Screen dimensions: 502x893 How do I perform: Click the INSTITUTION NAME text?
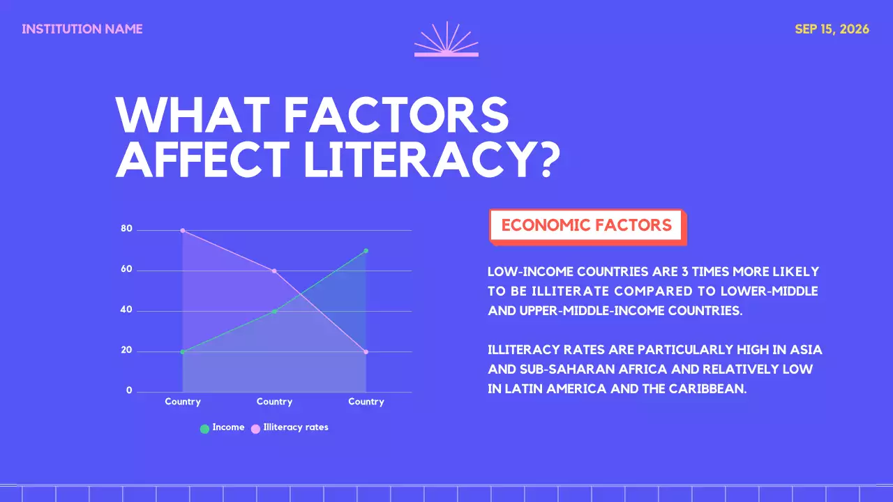click(82, 29)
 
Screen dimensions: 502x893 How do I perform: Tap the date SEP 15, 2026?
click(832, 29)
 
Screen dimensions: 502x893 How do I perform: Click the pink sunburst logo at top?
click(446, 40)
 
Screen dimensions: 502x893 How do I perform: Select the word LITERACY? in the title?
click(432, 160)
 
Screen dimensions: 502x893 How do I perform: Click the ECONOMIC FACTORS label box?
click(587, 225)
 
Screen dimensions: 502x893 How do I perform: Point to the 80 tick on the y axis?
click(126, 229)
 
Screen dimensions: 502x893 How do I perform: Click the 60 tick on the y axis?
click(126, 269)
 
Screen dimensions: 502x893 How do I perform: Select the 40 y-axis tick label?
click(126, 310)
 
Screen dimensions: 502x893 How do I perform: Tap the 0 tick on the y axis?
click(129, 390)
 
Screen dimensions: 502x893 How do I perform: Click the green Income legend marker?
click(204, 429)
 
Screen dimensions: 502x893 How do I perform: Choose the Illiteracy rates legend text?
click(295, 427)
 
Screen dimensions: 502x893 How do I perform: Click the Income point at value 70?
click(366, 251)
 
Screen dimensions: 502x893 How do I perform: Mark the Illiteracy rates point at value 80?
click(183, 230)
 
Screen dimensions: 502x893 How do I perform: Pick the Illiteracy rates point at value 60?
click(274, 271)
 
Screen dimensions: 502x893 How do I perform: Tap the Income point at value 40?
click(274, 311)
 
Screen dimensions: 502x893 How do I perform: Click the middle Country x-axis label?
click(274, 402)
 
